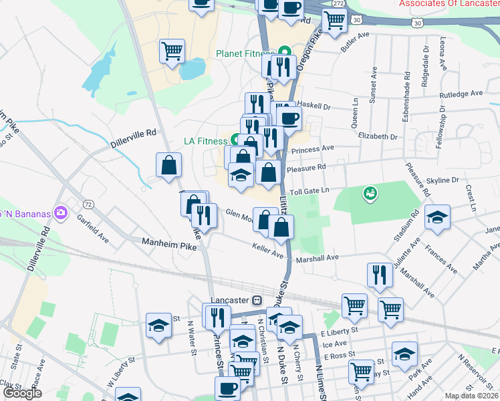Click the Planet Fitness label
(245, 53)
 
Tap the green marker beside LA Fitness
(235, 140)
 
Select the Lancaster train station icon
(257, 301)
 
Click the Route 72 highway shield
(88, 203)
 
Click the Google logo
(22, 393)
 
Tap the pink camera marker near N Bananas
(61, 213)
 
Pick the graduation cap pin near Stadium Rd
(437, 217)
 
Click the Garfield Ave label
(92, 227)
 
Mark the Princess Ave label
(318, 148)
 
